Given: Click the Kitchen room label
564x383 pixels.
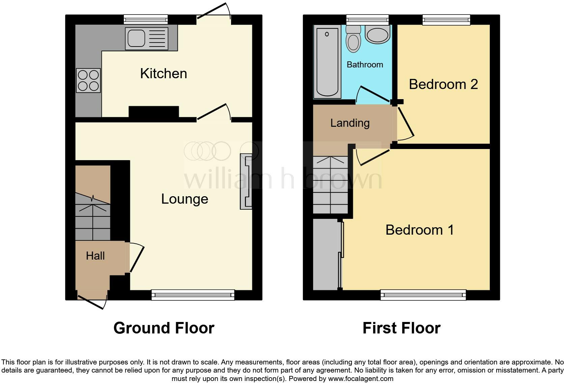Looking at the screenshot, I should [x=164, y=73].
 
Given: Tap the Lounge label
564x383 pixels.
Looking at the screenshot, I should [x=185, y=199].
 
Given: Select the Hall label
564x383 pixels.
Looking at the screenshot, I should [x=95, y=256].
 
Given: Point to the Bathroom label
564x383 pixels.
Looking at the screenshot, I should [x=365, y=64].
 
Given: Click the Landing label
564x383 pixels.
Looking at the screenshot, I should [x=350, y=123].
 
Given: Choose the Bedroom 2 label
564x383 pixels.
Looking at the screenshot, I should [x=443, y=84].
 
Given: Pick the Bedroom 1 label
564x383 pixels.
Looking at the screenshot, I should [x=419, y=230].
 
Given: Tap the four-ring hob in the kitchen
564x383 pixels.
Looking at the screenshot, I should [x=88, y=80].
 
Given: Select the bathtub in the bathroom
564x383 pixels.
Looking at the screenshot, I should [x=327, y=63].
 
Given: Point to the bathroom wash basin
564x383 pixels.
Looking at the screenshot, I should [x=377, y=35].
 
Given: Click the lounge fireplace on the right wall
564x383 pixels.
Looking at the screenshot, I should [x=246, y=182].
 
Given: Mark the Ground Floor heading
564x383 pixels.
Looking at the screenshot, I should [x=164, y=328].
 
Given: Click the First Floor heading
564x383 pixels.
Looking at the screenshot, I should [x=401, y=328].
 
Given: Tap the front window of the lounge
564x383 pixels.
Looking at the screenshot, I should [x=193, y=295].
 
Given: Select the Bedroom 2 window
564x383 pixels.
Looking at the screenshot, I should [x=446, y=20].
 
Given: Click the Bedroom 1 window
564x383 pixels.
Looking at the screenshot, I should [x=423, y=295].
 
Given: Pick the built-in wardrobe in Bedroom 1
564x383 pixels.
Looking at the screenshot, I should [x=326, y=255].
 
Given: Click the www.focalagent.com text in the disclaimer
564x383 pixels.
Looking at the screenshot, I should [x=360, y=379].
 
